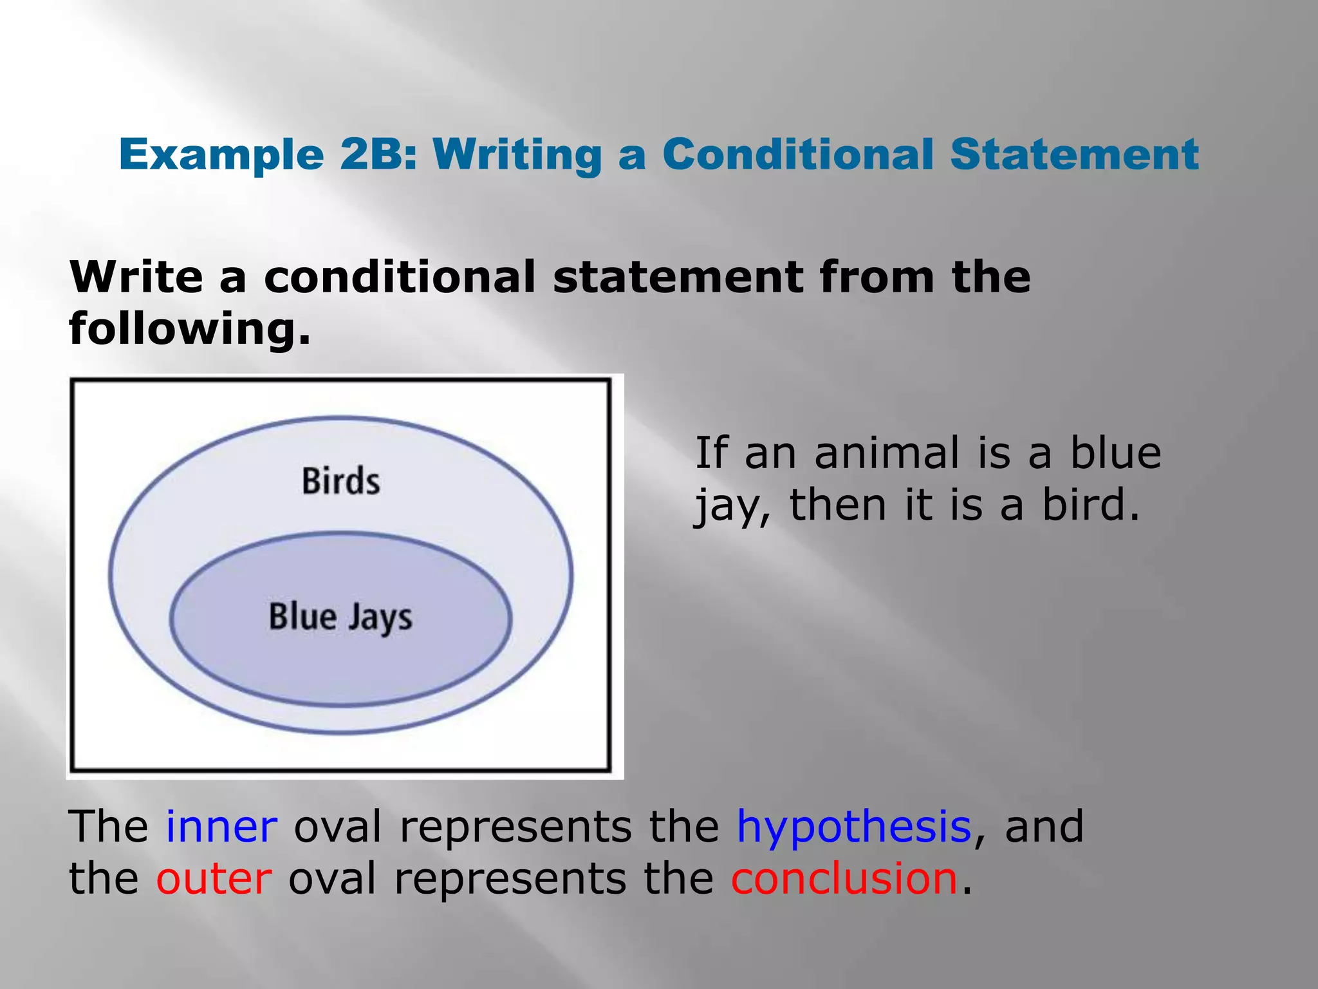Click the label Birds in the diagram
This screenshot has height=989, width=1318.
pyautogui.click(x=340, y=482)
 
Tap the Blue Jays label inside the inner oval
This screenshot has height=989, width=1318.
pyautogui.click(x=340, y=617)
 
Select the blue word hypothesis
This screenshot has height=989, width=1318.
pyautogui.click(x=853, y=828)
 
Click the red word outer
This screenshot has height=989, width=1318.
pyautogui.click(x=214, y=880)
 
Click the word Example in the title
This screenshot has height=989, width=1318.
pyautogui.click(x=221, y=156)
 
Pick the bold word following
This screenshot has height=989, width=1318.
pyautogui.click(x=189, y=330)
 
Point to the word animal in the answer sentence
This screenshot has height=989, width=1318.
pyautogui.click(x=887, y=453)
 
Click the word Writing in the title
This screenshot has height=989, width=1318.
pyautogui.click(x=517, y=156)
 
